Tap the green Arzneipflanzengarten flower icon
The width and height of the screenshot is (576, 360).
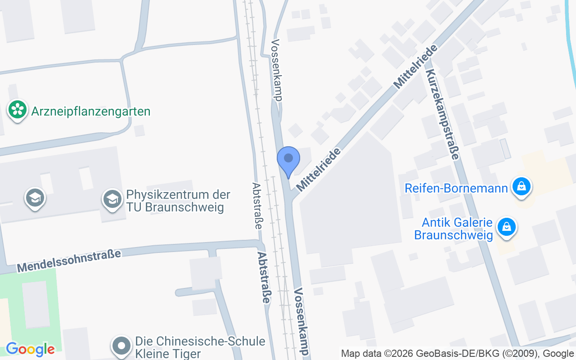[x=18, y=109]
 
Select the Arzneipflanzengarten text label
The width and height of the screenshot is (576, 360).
[x=91, y=111]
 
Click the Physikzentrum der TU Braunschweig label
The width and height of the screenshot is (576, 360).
[x=178, y=201]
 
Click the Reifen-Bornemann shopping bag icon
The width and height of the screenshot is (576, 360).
[x=522, y=186]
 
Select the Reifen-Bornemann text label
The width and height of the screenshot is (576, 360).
[x=456, y=188]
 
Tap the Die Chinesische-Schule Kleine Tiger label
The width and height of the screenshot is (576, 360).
[x=200, y=347]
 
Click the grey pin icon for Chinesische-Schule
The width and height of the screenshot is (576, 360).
[x=121, y=346]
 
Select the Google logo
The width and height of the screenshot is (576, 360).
[x=30, y=349]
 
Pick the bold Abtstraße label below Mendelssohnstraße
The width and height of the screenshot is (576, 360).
[x=265, y=278]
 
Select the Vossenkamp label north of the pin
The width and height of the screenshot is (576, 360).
[x=276, y=70]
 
